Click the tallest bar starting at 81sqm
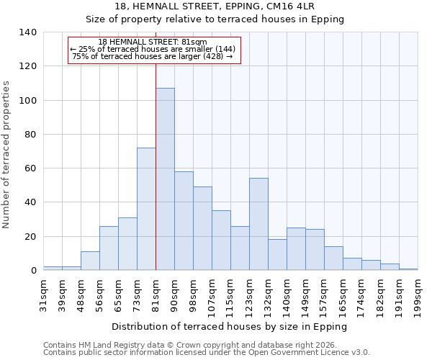(x=165, y=179)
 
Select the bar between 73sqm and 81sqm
(x=146, y=209)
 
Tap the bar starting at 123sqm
(x=258, y=224)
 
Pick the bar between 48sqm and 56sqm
(x=90, y=261)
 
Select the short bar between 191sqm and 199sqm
(x=408, y=269)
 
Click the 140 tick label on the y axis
(x=27, y=32)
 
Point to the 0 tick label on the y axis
(x=33, y=271)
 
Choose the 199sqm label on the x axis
(x=418, y=296)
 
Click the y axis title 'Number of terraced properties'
(x=7, y=154)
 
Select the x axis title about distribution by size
(x=230, y=326)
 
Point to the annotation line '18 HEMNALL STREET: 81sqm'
(x=153, y=42)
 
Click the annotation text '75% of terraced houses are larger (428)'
(x=153, y=56)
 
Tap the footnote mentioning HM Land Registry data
(x=189, y=345)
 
